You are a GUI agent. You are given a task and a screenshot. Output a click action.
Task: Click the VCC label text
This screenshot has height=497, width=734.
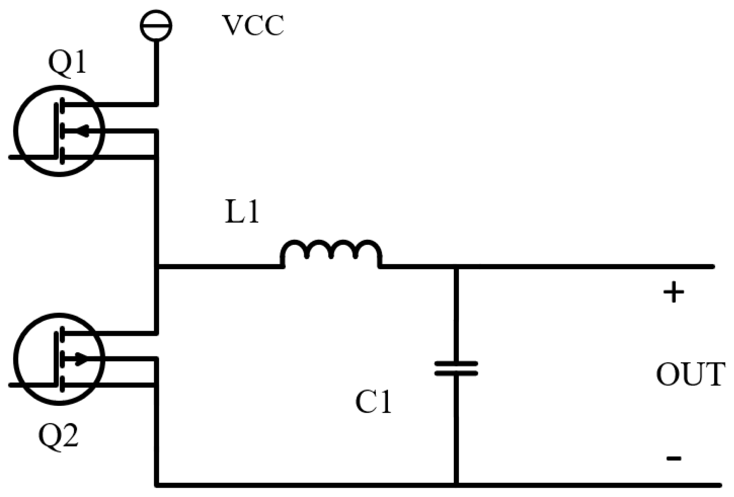pyautogui.click(x=253, y=26)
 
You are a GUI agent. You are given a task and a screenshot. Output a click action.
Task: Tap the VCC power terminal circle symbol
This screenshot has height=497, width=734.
pyautogui.click(x=156, y=25)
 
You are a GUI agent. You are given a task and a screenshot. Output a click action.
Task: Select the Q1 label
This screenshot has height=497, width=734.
pyautogui.click(x=67, y=63)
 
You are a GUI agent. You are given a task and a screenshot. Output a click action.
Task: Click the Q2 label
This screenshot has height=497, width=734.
pyautogui.click(x=59, y=436)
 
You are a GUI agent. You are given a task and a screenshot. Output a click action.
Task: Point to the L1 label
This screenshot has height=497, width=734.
pyautogui.click(x=242, y=213)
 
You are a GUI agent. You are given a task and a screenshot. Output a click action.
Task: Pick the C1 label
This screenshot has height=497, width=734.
pyautogui.click(x=373, y=403)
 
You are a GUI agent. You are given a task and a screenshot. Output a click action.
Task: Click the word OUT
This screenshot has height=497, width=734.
pyautogui.click(x=690, y=375)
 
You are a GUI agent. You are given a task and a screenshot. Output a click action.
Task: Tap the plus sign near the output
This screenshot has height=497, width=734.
pyautogui.click(x=673, y=292)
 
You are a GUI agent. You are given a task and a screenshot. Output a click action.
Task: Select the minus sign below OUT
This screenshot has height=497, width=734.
pyautogui.click(x=673, y=458)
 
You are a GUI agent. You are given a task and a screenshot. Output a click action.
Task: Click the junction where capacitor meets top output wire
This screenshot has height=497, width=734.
pyautogui.click(x=456, y=267)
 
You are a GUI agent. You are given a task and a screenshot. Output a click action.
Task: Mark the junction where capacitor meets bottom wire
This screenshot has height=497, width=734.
pyautogui.click(x=456, y=485)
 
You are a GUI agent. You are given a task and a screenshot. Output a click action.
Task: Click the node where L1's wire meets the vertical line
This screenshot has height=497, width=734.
pyautogui.click(x=157, y=267)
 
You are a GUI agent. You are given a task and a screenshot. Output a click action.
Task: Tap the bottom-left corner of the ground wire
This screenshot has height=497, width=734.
pyautogui.click(x=157, y=485)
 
